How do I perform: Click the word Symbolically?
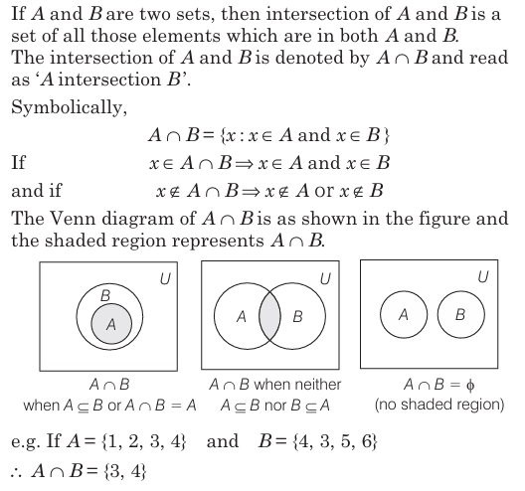69,107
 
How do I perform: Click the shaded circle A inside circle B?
111,323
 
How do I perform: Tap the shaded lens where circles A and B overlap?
269,316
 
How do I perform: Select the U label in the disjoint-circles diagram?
483,276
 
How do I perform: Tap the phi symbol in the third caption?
470,386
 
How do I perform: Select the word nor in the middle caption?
275,407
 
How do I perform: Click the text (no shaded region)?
439,405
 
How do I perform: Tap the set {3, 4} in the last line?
125,471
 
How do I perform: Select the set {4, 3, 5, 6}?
335,441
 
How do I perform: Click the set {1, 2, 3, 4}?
143,441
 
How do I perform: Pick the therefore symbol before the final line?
16,472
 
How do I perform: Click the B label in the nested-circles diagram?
105,295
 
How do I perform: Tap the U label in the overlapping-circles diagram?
325,278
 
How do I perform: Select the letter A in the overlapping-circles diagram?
242,317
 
